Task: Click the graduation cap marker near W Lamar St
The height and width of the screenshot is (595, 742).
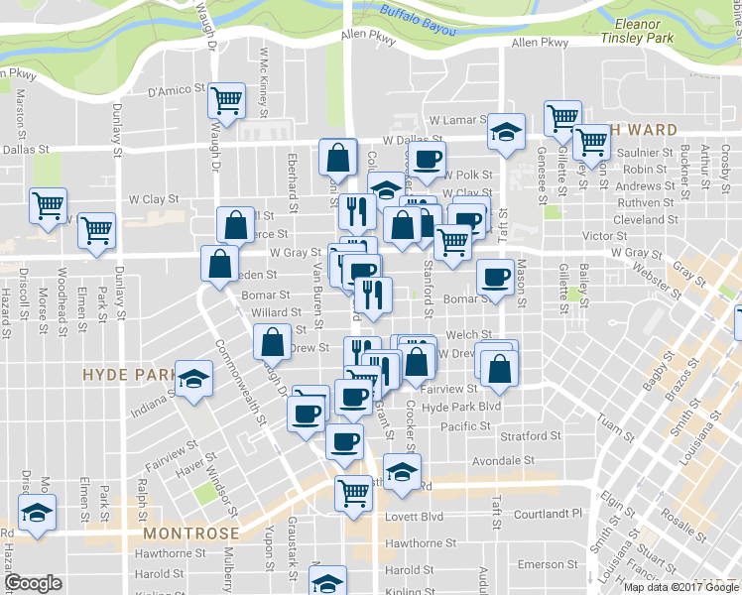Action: coord(506,131)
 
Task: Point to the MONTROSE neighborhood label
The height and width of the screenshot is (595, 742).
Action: coord(185,533)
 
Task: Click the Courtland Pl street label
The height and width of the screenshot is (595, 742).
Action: coord(548,515)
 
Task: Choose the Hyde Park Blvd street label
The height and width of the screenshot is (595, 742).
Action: coord(462,408)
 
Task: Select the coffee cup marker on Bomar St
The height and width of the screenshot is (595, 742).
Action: coord(495,279)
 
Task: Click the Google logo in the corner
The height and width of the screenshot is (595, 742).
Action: coord(33,583)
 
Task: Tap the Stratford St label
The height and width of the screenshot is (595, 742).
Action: coord(531,436)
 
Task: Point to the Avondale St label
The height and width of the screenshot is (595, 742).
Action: coord(503,461)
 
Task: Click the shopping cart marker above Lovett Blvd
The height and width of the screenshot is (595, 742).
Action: coord(353,493)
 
